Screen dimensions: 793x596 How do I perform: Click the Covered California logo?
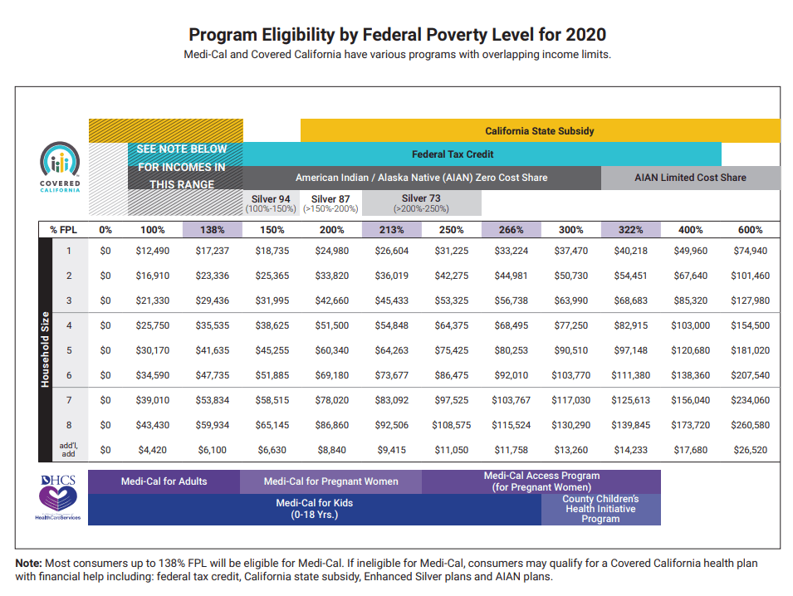click(60, 166)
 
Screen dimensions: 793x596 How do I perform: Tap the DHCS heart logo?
click(58, 497)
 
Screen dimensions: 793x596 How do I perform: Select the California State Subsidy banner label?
click(540, 131)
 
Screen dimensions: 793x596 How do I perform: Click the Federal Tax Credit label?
click(453, 154)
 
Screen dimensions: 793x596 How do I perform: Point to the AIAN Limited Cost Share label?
click(690, 178)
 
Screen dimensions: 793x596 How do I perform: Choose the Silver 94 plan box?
click(271, 203)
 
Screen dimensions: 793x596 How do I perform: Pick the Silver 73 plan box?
click(421, 203)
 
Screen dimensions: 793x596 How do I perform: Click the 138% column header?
click(213, 229)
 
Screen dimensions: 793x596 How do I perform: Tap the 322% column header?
click(630, 229)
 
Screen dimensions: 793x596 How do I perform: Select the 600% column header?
click(750, 229)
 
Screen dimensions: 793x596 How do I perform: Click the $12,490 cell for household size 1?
click(153, 251)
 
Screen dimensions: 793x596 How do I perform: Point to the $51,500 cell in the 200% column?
click(332, 325)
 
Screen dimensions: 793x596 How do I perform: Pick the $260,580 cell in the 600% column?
click(750, 425)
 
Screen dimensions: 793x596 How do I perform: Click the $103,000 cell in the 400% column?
click(690, 325)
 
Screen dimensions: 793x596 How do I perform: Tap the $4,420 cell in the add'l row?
click(153, 450)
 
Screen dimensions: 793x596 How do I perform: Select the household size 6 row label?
click(69, 375)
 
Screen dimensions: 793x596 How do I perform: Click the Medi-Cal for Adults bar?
click(164, 481)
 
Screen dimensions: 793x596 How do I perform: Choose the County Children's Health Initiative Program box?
click(601, 509)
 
